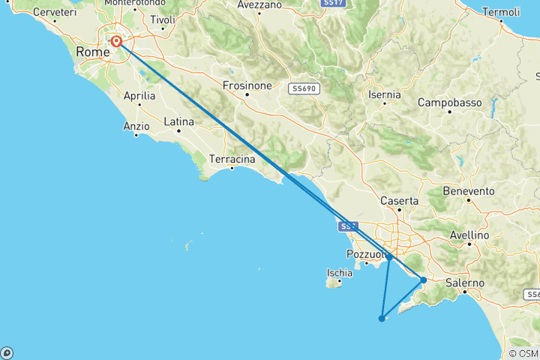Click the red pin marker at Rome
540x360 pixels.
tap(117, 41)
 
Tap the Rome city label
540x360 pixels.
tap(91, 52)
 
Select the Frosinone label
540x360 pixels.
tap(247, 85)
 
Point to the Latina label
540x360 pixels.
tap(178, 121)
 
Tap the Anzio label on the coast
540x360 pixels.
tap(136, 127)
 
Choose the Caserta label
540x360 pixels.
tap(399, 201)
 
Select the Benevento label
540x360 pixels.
tap(466, 191)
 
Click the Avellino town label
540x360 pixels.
tap(469, 235)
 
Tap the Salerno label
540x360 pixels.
tap(465, 282)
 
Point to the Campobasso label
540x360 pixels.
tap(448, 102)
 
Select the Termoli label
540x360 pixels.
tap(501, 12)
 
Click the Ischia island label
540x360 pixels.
tap(340, 272)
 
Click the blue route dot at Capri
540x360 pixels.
tap(382, 318)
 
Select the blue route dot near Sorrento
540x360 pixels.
tap(424, 280)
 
